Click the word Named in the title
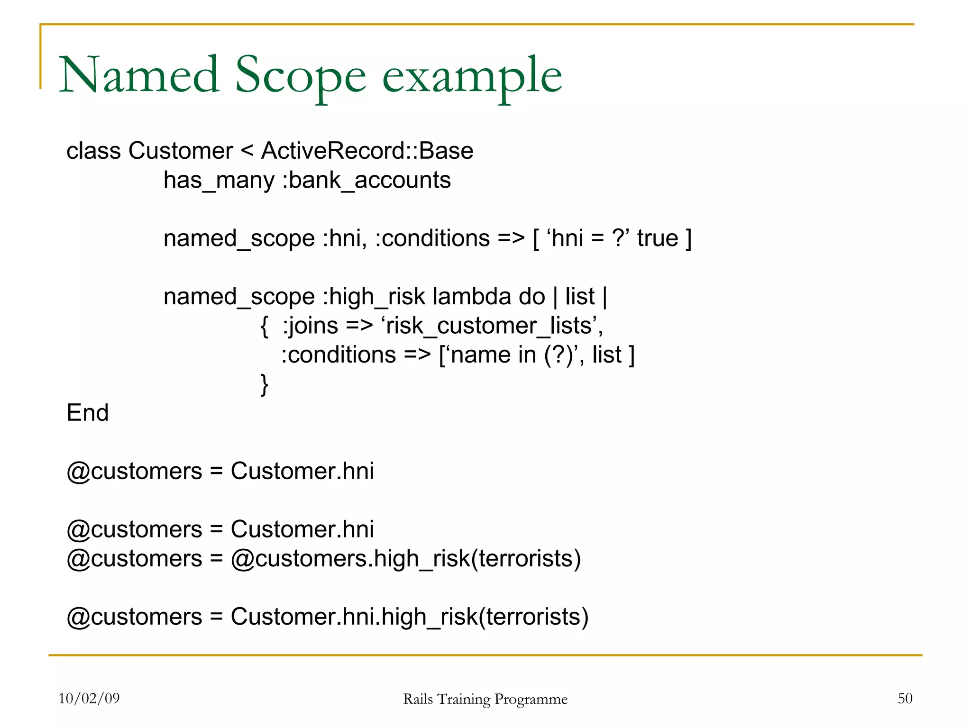point(139,76)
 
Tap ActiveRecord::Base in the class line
point(367,151)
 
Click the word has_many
point(219,181)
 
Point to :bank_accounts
point(366,181)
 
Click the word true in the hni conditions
point(658,238)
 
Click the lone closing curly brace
point(265,384)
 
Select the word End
point(88,413)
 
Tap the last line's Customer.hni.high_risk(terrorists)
point(409,617)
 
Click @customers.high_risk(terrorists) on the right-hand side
point(405,559)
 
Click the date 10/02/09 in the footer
point(89,698)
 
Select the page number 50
point(905,698)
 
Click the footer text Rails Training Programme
point(485,699)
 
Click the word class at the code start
point(93,151)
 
